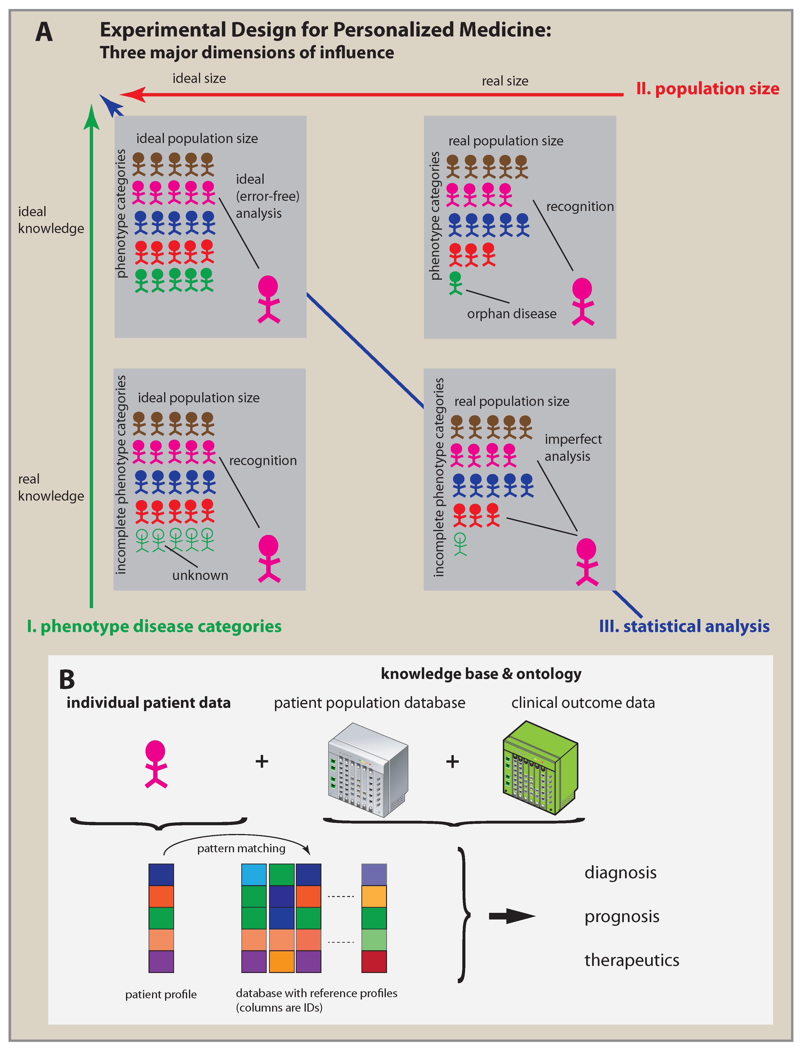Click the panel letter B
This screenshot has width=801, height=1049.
67,680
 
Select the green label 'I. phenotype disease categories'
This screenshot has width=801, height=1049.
154,626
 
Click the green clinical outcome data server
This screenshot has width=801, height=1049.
540,767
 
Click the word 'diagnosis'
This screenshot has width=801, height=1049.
620,872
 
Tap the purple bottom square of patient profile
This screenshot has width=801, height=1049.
161,961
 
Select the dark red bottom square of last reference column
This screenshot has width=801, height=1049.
374,961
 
